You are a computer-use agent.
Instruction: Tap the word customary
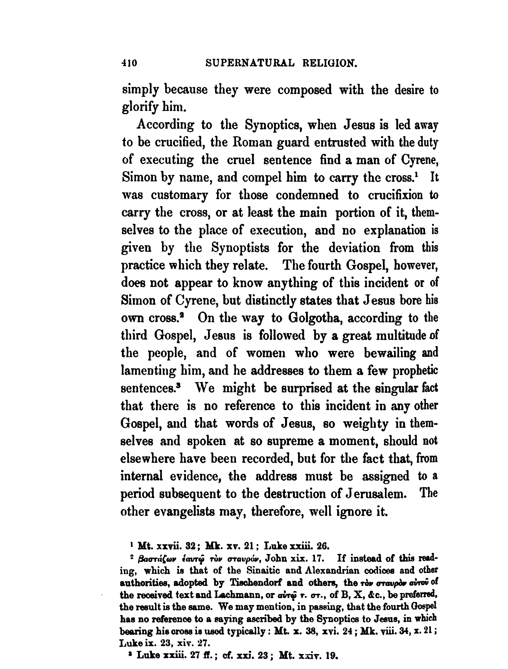coord(182,195)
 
